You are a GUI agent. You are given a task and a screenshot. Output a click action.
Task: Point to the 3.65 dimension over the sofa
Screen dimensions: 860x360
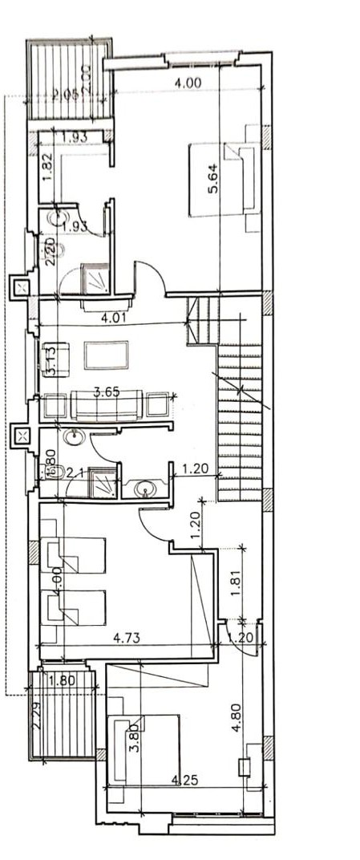(107, 392)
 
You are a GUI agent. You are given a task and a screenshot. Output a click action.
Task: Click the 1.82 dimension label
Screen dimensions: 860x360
(47, 168)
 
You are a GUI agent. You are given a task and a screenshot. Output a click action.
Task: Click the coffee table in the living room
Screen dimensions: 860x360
(106, 355)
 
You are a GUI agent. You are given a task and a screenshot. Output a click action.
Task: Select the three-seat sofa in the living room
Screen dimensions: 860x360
(107, 405)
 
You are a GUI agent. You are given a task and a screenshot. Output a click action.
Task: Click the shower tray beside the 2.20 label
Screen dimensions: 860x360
(95, 280)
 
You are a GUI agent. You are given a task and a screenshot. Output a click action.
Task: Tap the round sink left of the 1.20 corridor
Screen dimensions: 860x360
(145, 487)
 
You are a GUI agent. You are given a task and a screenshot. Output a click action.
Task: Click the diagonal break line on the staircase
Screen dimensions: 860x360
(239, 391)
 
